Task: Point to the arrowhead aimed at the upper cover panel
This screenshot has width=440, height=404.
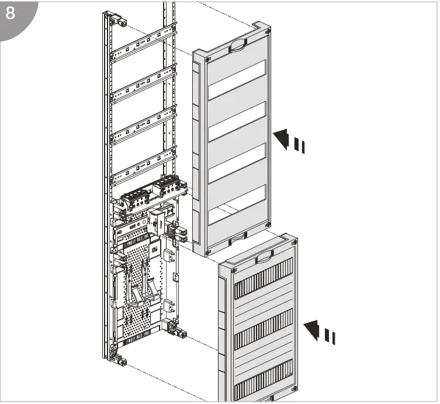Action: tap(282, 138)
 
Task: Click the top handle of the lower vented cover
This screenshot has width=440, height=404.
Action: tap(265, 255)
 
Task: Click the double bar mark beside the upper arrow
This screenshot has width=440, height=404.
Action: tap(300, 145)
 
